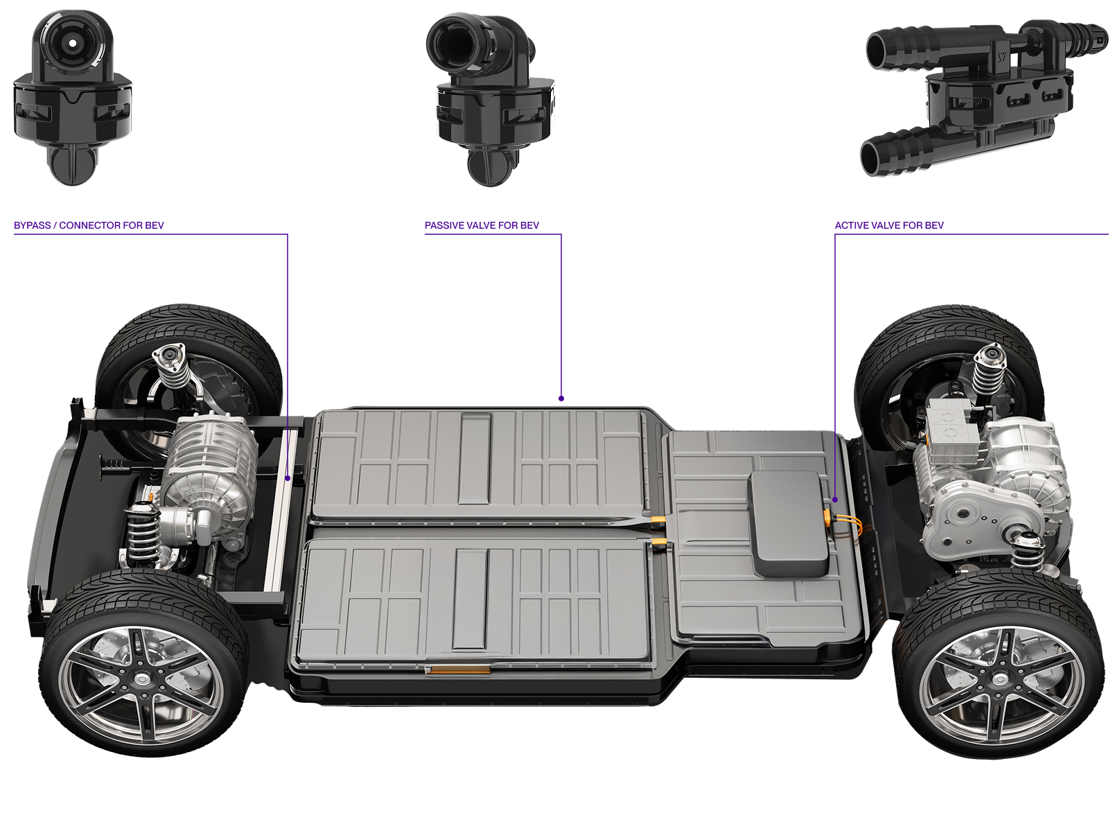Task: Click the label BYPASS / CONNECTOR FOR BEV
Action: pyautogui.click(x=89, y=225)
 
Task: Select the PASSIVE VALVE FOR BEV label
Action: pyautogui.click(x=482, y=225)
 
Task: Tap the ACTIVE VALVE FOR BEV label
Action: pyautogui.click(x=889, y=225)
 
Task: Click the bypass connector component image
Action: pyautogui.click(x=73, y=98)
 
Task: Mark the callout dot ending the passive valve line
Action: pyautogui.click(x=561, y=399)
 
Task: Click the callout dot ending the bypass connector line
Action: pyautogui.click(x=288, y=478)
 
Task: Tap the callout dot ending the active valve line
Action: pyautogui.click(x=835, y=500)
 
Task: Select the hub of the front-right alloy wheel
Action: pyautogui.click(x=1000, y=679)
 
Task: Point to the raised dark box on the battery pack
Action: pyautogui.click(x=789, y=524)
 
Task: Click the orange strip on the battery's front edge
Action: pyautogui.click(x=459, y=670)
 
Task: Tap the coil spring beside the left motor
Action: pyautogui.click(x=143, y=535)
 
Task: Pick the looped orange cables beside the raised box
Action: pyautogui.click(x=845, y=526)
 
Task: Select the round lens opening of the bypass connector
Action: pyautogui.click(x=73, y=43)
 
